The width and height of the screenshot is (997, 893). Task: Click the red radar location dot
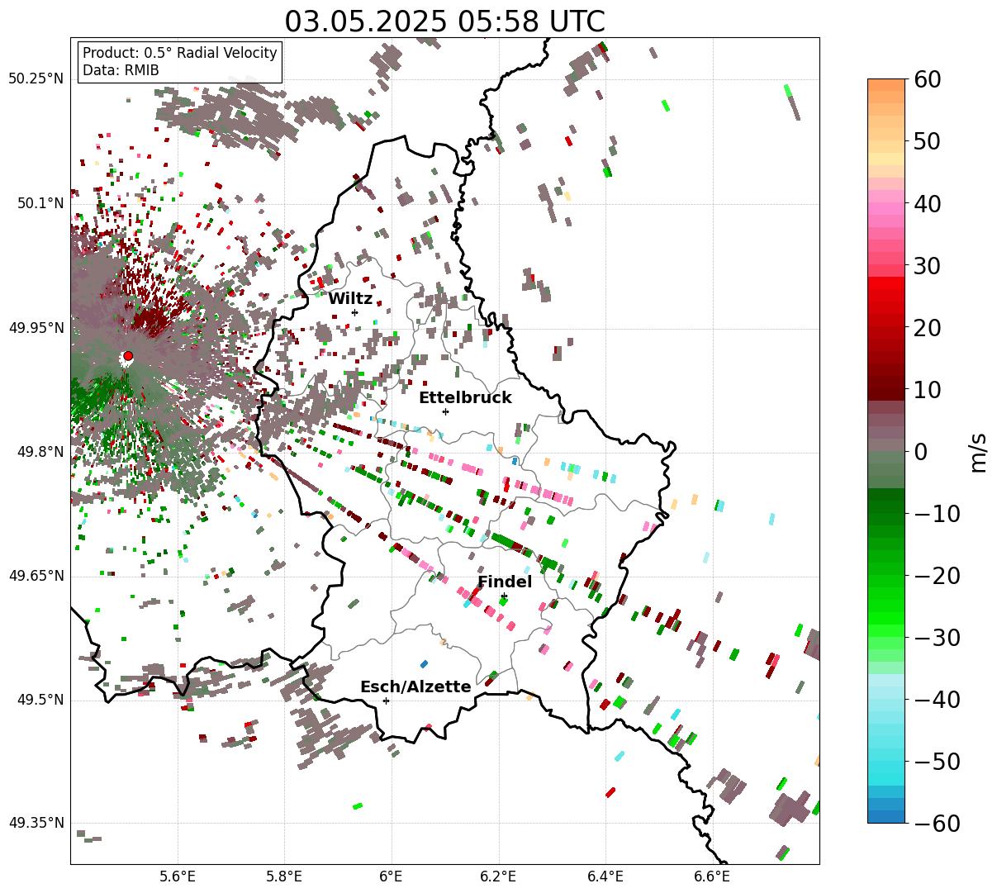pos(128,356)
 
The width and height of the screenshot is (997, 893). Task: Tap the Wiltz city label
pos(350,299)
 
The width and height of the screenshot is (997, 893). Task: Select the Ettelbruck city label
pos(465,398)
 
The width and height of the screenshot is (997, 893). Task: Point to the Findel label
pos(505,582)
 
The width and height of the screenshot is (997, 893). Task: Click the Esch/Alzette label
pos(415,687)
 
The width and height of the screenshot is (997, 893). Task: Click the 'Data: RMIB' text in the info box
pos(121,70)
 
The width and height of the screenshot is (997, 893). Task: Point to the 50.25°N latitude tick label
pos(36,79)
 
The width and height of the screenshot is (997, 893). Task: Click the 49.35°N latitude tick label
pos(36,824)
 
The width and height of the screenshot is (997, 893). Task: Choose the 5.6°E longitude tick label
pos(178,876)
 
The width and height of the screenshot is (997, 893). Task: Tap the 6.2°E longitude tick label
pos(499,876)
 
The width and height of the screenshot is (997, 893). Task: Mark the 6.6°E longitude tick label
pos(713,876)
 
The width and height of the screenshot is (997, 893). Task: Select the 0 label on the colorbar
pos(920,452)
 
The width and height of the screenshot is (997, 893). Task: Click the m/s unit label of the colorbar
pos(979,452)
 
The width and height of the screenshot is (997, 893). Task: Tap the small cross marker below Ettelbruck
pos(445,411)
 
